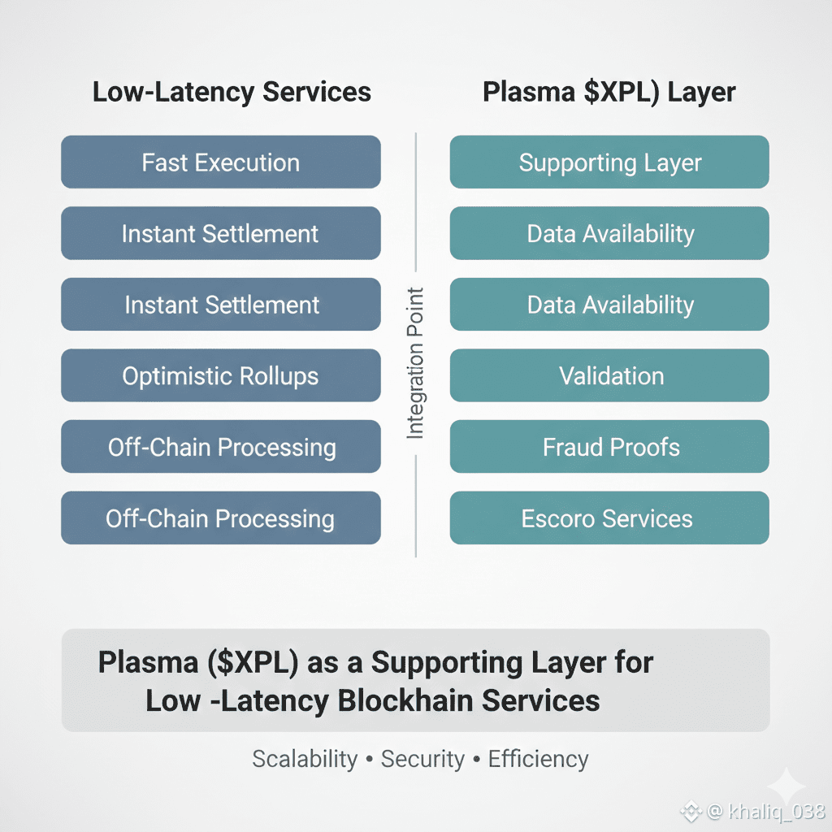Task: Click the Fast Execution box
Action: pyautogui.click(x=220, y=162)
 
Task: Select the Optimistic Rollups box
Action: pyautogui.click(x=220, y=376)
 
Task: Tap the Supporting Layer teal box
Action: pyautogui.click(x=609, y=162)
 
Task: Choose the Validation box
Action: pyautogui.click(x=609, y=376)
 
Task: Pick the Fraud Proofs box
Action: pyautogui.click(x=609, y=447)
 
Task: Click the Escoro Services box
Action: pyautogui.click(x=609, y=518)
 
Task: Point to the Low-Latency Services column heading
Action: pyautogui.click(x=232, y=92)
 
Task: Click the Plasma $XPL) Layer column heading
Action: pyautogui.click(x=609, y=92)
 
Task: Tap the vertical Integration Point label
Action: pyautogui.click(x=415, y=363)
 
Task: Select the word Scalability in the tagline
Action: pyautogui.click(x=305, y=759)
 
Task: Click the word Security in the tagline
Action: pyautogui.click(x=422, y=759)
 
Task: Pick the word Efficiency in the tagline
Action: pyautogui.click(x=538, y=759)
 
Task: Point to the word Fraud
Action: pyautogui.click(x=572, y=447)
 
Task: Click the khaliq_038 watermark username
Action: pyautogui.click(x=777, y=811)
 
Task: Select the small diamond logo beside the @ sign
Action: pyautogui.click(x=691, y=811)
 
